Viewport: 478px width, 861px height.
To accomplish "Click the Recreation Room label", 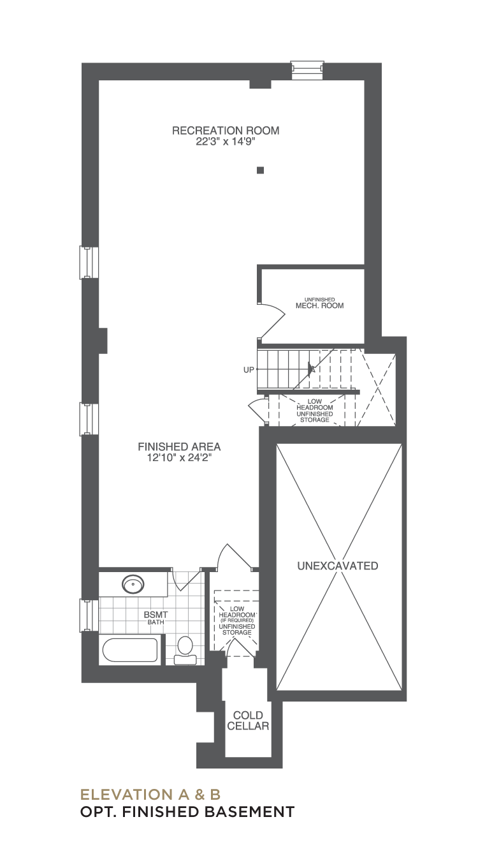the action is [226, 131].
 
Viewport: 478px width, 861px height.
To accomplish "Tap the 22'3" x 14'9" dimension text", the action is [226, 142].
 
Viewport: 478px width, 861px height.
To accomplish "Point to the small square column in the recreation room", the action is [261, 170].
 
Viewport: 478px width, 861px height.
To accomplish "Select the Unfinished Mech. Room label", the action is [319, 304].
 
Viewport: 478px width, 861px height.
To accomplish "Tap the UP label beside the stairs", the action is [249, 370].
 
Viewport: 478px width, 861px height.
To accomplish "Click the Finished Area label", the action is [179, 447].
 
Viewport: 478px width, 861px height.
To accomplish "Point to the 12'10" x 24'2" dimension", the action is [179, 458].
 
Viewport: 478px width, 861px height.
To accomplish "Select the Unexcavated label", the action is [338, 566].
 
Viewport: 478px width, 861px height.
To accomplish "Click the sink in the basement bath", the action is [133, 584].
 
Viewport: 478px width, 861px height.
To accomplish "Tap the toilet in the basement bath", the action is [185, 651].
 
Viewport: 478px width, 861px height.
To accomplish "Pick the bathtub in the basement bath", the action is [130, 650].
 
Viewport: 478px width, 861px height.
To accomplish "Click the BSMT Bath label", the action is [156, 618].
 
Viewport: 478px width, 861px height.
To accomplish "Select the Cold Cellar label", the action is [248, 721].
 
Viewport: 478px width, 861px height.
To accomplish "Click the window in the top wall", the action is [307, 70].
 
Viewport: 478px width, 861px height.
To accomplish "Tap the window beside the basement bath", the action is [89, 615].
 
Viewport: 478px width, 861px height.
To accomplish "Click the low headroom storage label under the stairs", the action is [315, 411].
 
